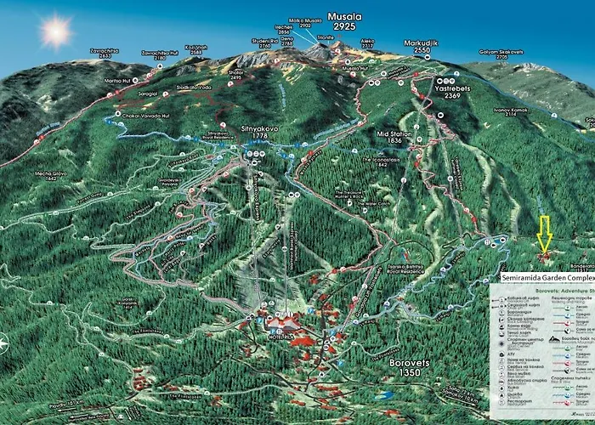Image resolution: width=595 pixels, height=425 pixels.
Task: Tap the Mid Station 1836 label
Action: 394,138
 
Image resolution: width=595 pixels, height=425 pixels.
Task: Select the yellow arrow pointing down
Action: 544,232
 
